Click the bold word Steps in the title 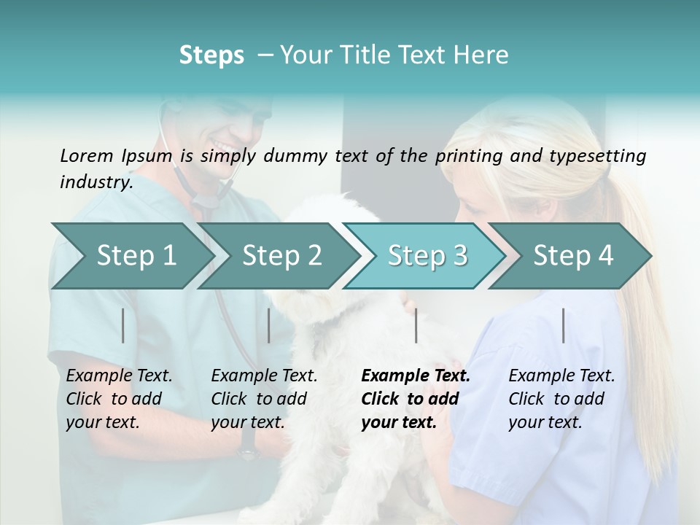click(211, 55)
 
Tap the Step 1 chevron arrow click(136, 255)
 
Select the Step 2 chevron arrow click(281, 255)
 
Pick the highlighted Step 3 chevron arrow click(427, 255)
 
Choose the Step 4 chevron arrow click(573, 255)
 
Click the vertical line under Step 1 click(123, 325)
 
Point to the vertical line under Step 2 click(269, 325)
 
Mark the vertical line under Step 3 click(416, 325)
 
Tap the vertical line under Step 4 click(563, 325)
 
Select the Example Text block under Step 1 click(119, 399)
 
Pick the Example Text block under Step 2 click(264, 399)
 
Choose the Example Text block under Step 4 click(561, 399)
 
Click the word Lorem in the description click(87, 155)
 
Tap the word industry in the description click(96, 182)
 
